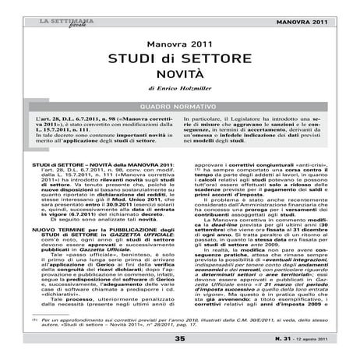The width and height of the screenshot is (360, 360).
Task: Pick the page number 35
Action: click(180, 340)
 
